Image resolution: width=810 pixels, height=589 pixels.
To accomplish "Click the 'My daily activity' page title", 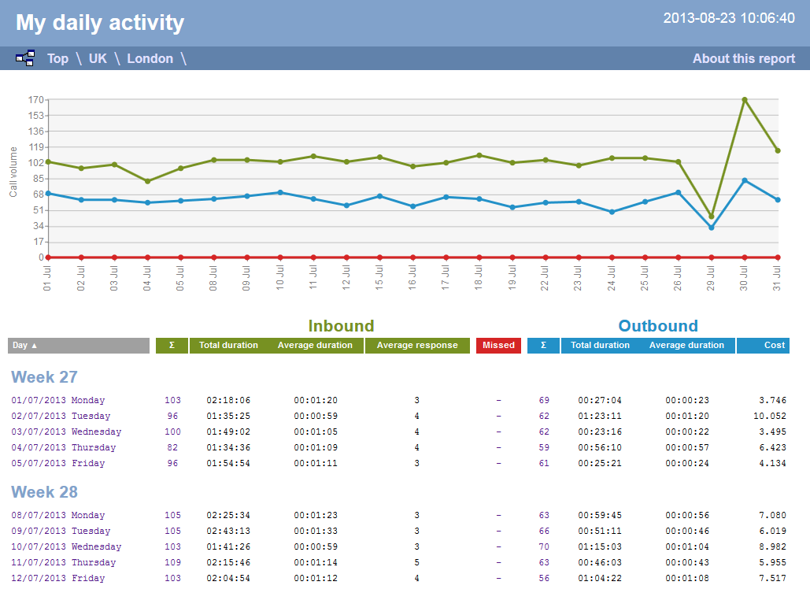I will [x=100, y=23].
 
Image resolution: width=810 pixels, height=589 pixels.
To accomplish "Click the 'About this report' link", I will [x=743, y=58].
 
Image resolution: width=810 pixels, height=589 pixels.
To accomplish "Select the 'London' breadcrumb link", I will [x=150, y=58].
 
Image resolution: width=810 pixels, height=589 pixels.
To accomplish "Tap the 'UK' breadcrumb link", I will [x=98, y=58].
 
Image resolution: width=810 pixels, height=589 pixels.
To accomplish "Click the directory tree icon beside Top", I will [x=25, y=57].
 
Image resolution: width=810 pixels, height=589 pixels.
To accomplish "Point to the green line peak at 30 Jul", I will [x=744, y=100].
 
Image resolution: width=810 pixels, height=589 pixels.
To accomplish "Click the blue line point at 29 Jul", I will [x=712, y=228].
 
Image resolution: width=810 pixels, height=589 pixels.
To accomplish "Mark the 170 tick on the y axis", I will [x=35, y=100].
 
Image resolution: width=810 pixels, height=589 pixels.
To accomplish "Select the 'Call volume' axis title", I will [x=13, y=171].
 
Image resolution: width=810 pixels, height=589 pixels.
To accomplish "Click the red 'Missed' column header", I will [x=498, y=345].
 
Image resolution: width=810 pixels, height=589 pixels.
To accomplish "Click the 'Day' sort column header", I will [x=79, y=345].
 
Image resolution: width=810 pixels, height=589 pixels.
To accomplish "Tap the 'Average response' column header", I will [x=417, y=345].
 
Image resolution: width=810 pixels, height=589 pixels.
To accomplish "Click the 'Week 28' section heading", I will [x=44, y=492].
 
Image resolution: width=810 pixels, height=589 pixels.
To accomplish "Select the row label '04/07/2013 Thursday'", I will [x=64, y=447].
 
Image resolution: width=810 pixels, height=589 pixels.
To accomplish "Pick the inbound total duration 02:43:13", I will [x=228, y=531].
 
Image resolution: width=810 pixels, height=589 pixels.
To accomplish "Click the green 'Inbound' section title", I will [x=341, y=326].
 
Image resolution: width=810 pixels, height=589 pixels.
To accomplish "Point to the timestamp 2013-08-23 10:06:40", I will [x=729, y=18].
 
